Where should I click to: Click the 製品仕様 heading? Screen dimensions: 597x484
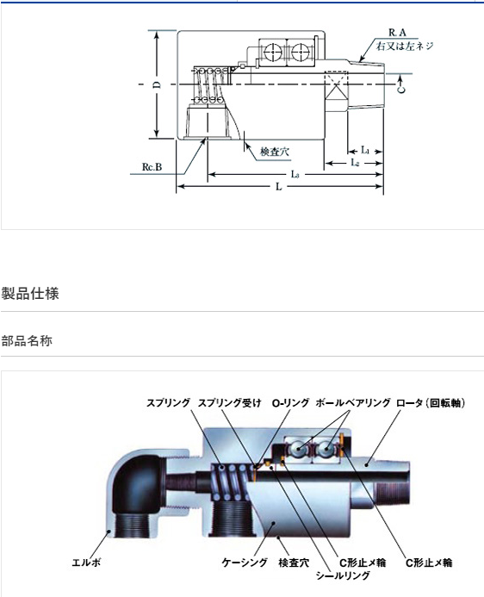point(30,294)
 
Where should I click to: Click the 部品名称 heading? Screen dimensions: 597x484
point(27,341)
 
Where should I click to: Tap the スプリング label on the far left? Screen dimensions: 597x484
point(168,402)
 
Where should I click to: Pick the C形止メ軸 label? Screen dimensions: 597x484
point(428,563)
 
